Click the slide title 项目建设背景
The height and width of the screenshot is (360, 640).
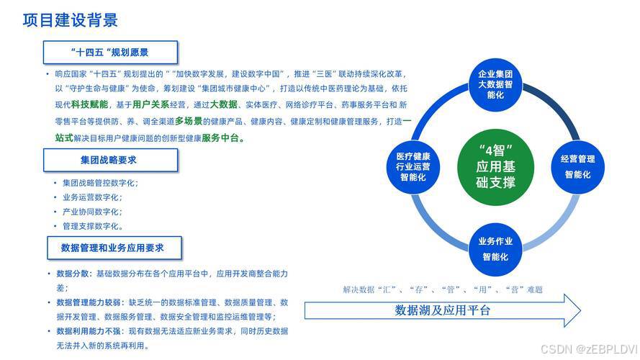[x=71, y=20]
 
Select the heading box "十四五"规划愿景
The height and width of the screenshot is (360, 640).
[x=110, y=53]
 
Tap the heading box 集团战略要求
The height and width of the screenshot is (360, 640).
[x=110, y=159]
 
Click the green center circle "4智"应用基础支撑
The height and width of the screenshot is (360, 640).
[x=496, y=166]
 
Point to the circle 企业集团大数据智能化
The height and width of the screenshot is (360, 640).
[x=496, y=84]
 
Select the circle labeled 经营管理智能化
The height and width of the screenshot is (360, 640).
[x=577, y=166]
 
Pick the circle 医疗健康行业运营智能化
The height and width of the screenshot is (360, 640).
[x=413, y=166]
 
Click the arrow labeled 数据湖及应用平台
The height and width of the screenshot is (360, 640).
[x=443, y=310]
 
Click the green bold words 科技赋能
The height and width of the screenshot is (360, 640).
[x=89, y=104]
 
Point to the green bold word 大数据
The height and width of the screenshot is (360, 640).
[x=223, y=104]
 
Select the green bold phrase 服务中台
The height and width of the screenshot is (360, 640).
[x=222, y=138]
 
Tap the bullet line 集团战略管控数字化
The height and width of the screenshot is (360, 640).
[x=100, y=183]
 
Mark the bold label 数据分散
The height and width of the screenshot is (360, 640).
[x=73, y=274]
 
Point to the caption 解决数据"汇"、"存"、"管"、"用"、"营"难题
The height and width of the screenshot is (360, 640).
[x=443, y=289]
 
